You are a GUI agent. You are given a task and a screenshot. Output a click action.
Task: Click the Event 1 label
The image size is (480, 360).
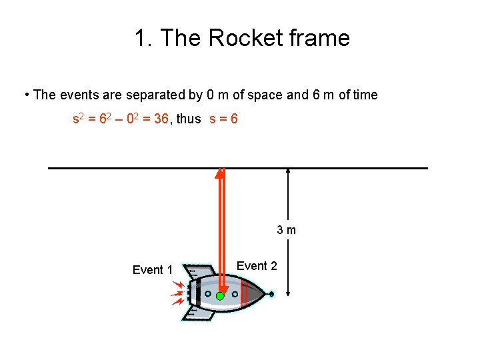click(x=153, y=270)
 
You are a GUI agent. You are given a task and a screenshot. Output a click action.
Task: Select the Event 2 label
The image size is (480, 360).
click(x=257, y=266)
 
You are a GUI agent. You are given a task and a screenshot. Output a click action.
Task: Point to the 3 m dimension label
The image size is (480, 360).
click(x=287, y=231)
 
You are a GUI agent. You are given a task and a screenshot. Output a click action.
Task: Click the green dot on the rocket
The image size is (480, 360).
click(x=220, y=296)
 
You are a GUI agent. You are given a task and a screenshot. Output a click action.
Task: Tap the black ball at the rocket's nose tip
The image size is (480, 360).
click(x=272, y=293)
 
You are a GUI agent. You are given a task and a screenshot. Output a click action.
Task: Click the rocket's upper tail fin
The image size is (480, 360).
click(x=197, y=272)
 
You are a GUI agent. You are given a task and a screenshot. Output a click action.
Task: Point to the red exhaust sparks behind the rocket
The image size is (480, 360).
click(x=178, y=293)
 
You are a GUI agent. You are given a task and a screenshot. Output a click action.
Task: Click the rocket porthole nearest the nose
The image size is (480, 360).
click(x=235, y=293)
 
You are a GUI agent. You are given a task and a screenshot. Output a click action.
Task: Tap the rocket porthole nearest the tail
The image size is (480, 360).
click(x=208, y=293)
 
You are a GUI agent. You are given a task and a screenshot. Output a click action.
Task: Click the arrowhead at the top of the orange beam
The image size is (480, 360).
click(x=220, y=174)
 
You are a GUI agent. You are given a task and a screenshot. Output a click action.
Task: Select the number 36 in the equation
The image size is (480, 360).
click(x=162, y=119)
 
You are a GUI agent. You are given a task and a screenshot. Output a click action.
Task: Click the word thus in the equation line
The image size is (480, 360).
click(x=189, y=119)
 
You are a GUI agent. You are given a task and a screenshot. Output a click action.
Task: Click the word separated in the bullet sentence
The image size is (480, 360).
click(x=136, y=95)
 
